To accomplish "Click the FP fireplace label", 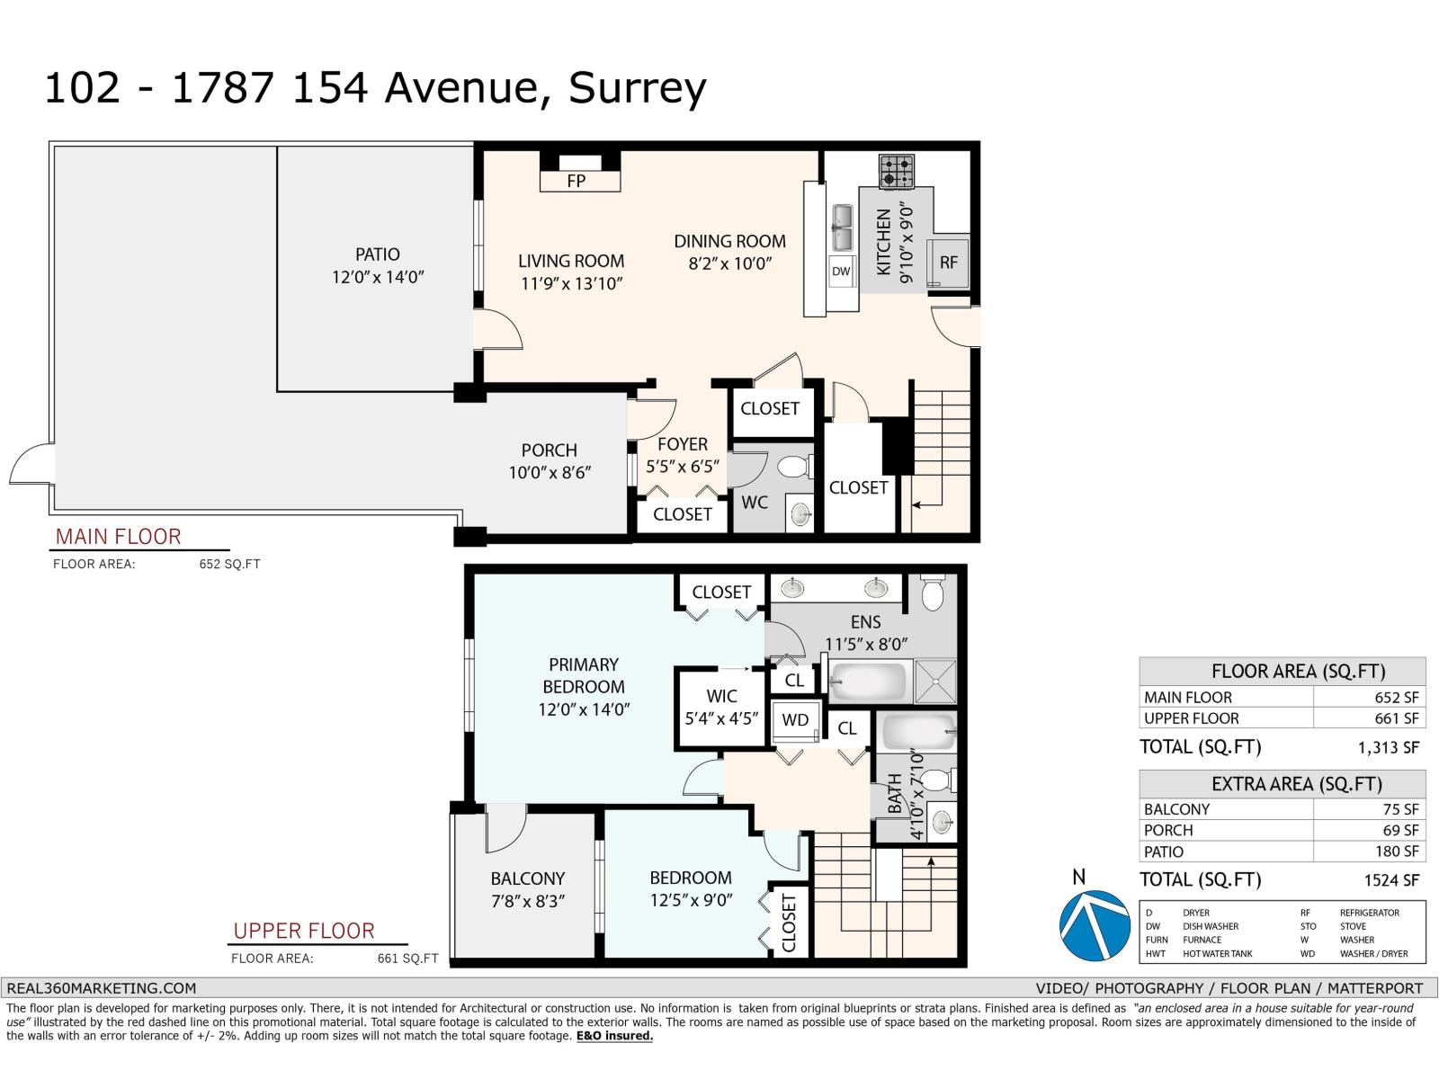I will [576, 181].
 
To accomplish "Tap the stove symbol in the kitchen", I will [896, 171].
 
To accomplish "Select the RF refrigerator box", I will [949, 263].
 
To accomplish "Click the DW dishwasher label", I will [841, 271].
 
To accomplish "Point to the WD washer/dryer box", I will [796, 720].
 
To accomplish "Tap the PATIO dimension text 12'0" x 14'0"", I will [378, 277].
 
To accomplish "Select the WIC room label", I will [721, 696].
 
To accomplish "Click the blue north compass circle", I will [1095, 926].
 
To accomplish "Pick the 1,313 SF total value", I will [1389, 747].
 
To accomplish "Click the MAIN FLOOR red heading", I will [119, 537].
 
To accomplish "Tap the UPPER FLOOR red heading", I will [304, 931].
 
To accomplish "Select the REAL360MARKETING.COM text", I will [102, 987].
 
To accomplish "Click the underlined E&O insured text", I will [614, 1036].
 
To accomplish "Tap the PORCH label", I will [549, 450].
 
